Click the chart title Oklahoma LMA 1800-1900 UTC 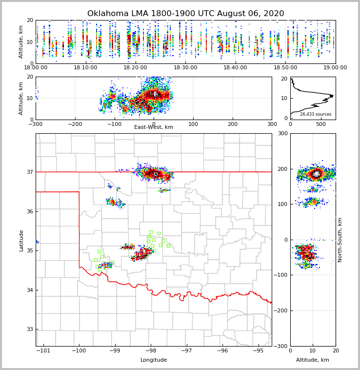[x=185, y=14]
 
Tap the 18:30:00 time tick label [x=185, y=68]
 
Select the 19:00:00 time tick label [x=335, y=68]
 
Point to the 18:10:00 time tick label [x=86, y=68]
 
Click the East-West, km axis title [x=154, y=127]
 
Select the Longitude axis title [x=154, y=360]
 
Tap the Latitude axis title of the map [x=21, y=240]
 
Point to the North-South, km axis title [x=340, y=240]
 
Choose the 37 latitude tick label [x=29, y=172]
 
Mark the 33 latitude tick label [x=29, y=329]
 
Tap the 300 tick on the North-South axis [x=282, y=133]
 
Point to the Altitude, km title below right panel [x=313, y=360]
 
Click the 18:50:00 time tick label [x=285, y=68]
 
